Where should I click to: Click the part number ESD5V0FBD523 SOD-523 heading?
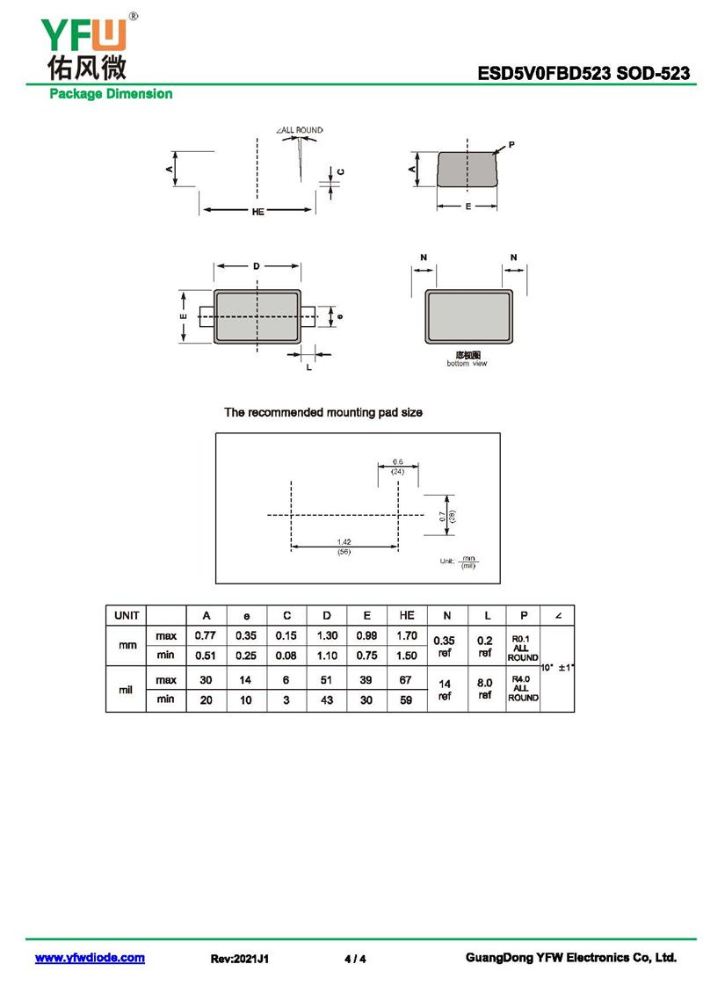pos(583,74)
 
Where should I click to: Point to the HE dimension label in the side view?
pos(257,212)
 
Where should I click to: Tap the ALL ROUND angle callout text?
pos(301,130)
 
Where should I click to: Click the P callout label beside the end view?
pos(511,143)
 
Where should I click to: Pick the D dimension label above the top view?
pos(257,265)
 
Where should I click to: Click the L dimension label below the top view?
pos(308,367)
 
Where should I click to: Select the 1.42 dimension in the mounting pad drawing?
pos(344,542)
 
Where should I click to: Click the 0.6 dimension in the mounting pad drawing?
pos(398,462)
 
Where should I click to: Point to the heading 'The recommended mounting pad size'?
pos(323,412)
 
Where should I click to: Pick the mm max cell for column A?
pos(206,635)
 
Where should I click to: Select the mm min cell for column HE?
pos(406,655)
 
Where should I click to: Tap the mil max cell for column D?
pos(326,680)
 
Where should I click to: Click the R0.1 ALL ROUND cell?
pos(523,646)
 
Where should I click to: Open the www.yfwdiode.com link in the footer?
pos(90,958)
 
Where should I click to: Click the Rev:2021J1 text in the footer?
pos(240,959)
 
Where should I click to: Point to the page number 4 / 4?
pos(355,959)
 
